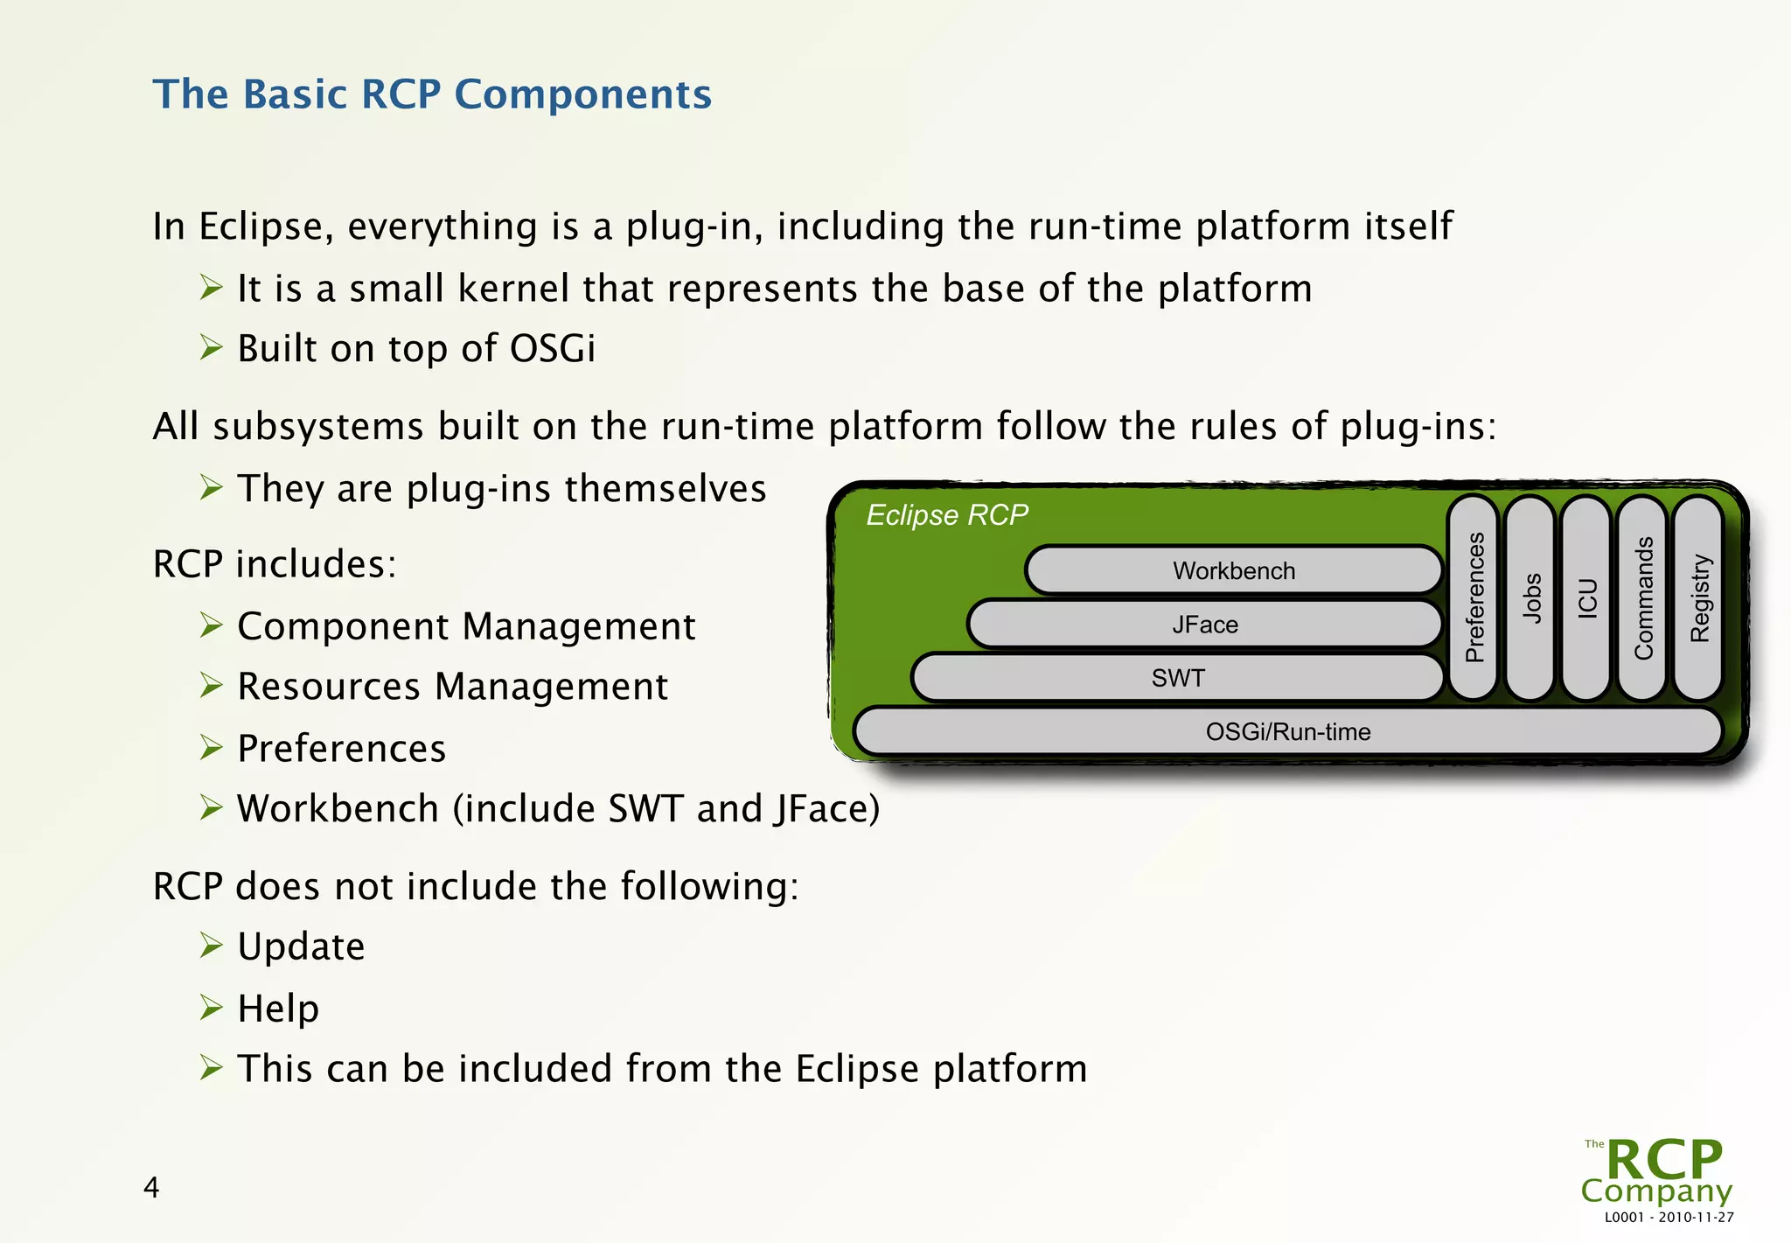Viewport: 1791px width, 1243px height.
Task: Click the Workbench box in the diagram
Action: [1233, 570]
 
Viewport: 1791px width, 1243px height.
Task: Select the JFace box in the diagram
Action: [1204, 625]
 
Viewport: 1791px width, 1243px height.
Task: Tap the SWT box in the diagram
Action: [1177, 678]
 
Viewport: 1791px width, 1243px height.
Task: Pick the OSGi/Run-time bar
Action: [1287, 731]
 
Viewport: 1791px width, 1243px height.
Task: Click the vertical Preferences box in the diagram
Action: [1474, 597]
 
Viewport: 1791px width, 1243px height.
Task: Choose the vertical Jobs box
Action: [1531, 597]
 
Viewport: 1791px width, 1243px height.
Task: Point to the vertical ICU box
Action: [1587, 597]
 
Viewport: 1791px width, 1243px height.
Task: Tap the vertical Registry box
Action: [1699, 597]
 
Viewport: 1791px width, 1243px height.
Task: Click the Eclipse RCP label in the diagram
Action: [947, 515]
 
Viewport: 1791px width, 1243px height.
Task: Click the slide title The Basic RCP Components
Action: [432, 94]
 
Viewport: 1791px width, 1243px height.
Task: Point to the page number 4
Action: [151, 1188]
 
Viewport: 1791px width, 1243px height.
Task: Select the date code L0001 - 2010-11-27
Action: [1669, 1218]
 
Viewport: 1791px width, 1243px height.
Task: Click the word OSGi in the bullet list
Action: [552, 349]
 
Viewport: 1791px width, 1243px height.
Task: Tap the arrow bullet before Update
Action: [211, 946]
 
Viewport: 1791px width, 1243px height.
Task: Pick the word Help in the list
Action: [278, 1009]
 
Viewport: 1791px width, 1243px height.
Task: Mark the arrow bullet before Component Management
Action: [211, 625]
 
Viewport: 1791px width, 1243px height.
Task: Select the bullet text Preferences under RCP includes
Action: [341, 749]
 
